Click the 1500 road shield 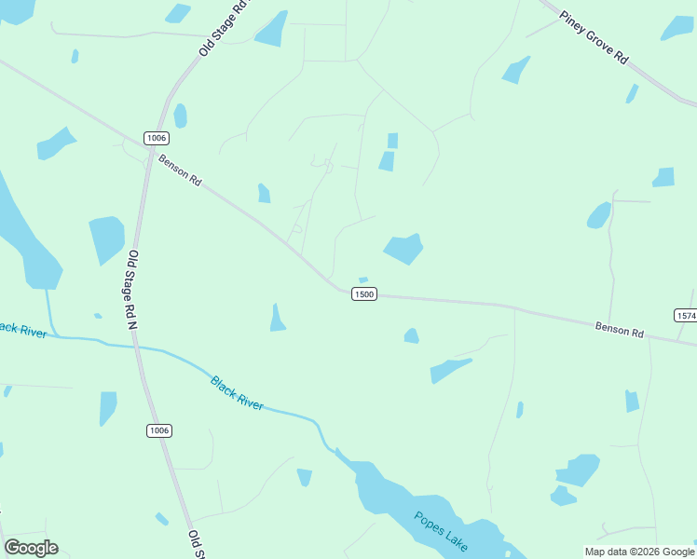pos(363,293)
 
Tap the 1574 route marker pos(686,316)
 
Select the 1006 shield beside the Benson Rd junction pos(157,138)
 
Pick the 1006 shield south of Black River pos(159,429)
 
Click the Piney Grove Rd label pos(594,36)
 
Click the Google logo pos(31,548)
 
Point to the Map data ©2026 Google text pos(639,552)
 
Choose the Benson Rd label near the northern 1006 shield pos(181,171)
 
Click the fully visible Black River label pos(237,392)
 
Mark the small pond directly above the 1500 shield pos(363,279)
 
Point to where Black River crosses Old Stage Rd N pos(136,346)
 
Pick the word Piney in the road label pos(571,20)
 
